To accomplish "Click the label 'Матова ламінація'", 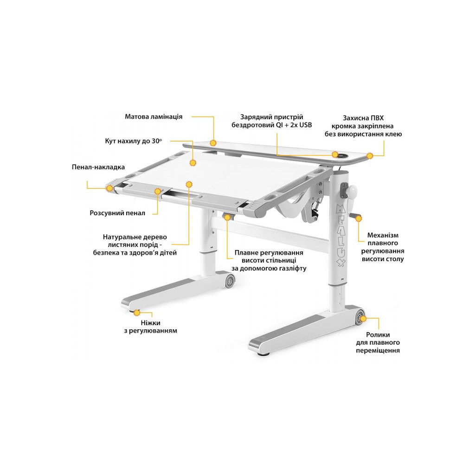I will (153, 116).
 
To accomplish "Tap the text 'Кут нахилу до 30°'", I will (136, 141).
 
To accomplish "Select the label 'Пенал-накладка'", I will (98, 167).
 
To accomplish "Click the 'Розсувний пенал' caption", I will (117, 213).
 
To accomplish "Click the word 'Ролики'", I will (378, 334).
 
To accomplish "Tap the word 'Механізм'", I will (383, 235).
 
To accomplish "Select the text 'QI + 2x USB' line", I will (271, 125).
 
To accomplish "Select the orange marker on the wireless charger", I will (334, 154).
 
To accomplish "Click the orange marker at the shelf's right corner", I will (370, 156).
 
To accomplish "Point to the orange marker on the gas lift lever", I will (227, 216).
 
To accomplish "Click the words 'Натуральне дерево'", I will (135, 237).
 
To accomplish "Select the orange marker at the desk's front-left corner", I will (109, 188).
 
